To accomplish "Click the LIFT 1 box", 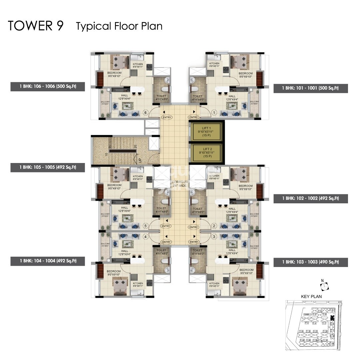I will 206,131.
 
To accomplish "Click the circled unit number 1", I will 214,113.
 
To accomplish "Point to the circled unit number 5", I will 145,226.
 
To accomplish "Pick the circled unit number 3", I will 214,237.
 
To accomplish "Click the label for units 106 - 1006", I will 48,86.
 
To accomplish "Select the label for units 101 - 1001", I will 310,88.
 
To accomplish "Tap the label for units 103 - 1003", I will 310,262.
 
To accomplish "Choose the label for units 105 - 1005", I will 48,167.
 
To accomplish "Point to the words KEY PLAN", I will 311,296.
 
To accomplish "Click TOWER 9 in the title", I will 36,26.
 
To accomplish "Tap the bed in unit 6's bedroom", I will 119,62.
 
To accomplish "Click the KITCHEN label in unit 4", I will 138,284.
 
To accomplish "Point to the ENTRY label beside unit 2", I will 193,227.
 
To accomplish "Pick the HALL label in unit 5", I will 125,209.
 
